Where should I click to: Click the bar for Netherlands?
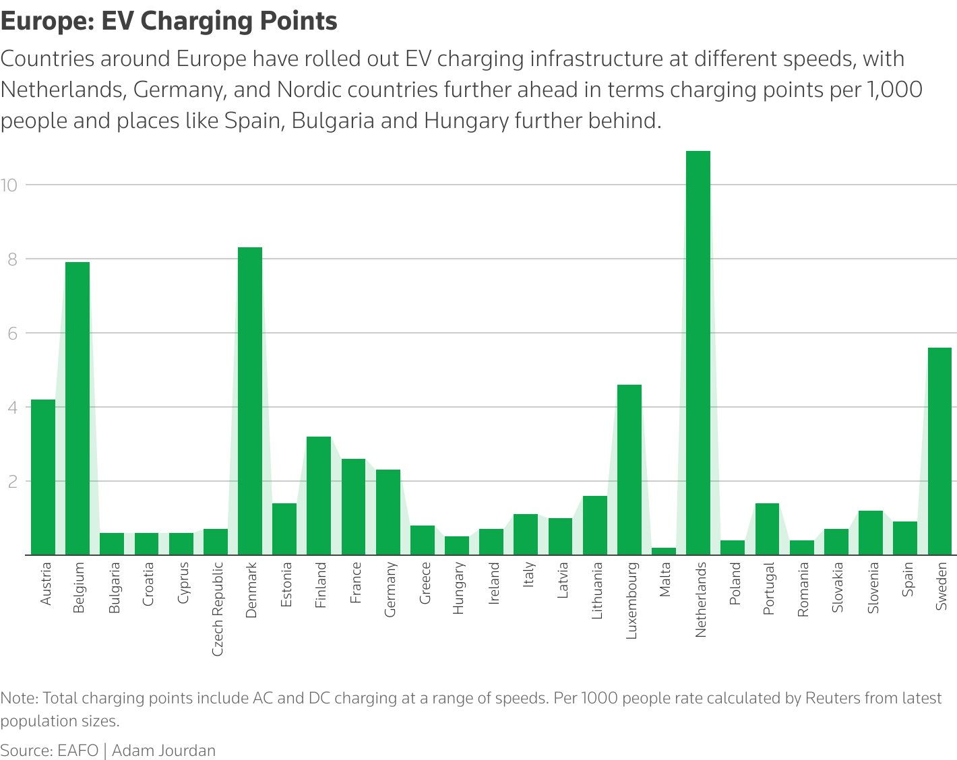pyautogui.click(x=698, y=353)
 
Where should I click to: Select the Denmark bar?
pyautogui.click(x=250, y=401)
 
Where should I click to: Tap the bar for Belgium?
pyautogui.click(x=78, y=408)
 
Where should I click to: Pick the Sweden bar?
pyautogui.click(x=939, y=451)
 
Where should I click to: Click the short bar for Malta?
pyautogui.click(x=664, y=551)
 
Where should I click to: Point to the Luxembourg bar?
pyautogui.click(x=629, y=470)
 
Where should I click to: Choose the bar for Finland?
pyautogui.click(x=319, y=496)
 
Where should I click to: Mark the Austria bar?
pyautogui.click(x=43, y=477)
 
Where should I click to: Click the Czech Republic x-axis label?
pyautogui.click(x=217, y=609)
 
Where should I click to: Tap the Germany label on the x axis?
pyautogui.click(x=390, y=590)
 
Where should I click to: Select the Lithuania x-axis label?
pyautogui.click(x=596, y=591)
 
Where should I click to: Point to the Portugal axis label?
pyautogui.click(x=768, y=588)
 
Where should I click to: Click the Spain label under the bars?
pyautogui.click(x=907, y=579)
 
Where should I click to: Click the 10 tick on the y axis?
pyautogui.click(x=9, y=185)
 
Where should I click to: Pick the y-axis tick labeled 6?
pyautogui.click(x=11, y=334)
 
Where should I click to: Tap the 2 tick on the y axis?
pyautogui.click(x=11, y=482)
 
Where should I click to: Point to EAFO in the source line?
pyautogui.click(x=78, y=751)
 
